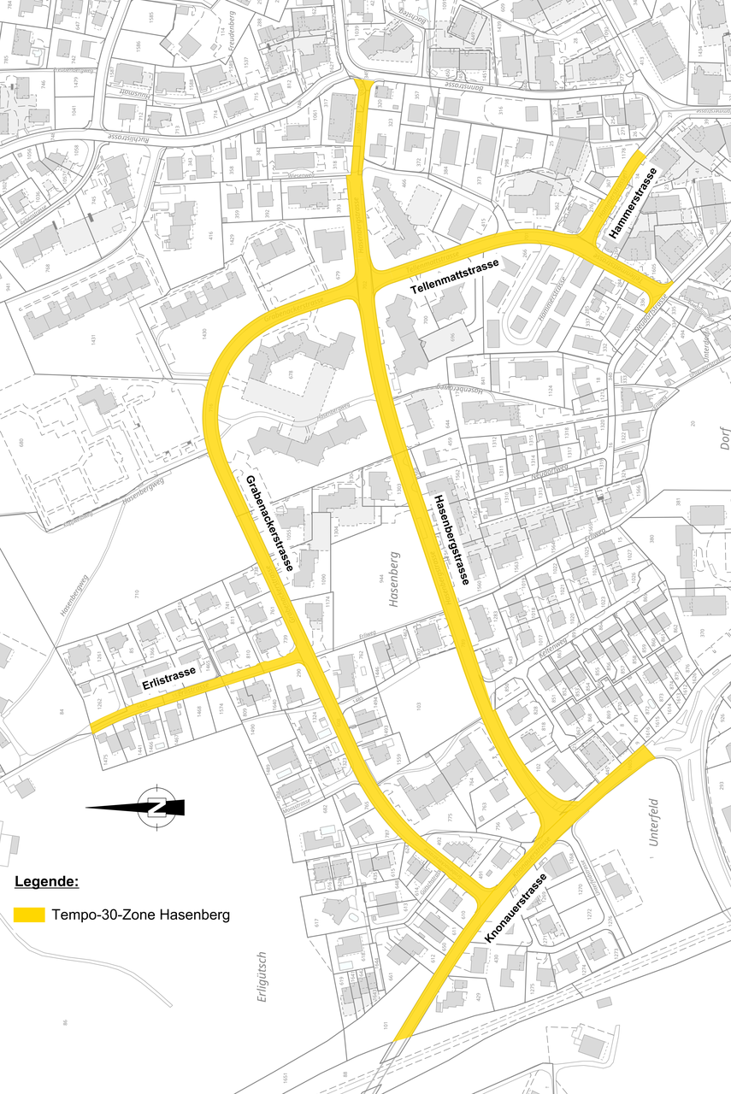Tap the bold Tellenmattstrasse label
(455, 279)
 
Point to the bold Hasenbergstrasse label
(451, 539)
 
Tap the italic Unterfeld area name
(655, 821)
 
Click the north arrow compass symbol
(155, 806)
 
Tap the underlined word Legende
(47, 881)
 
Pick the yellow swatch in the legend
(29, 914)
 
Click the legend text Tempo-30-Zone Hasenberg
(140, 915)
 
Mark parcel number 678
(291, 373)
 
